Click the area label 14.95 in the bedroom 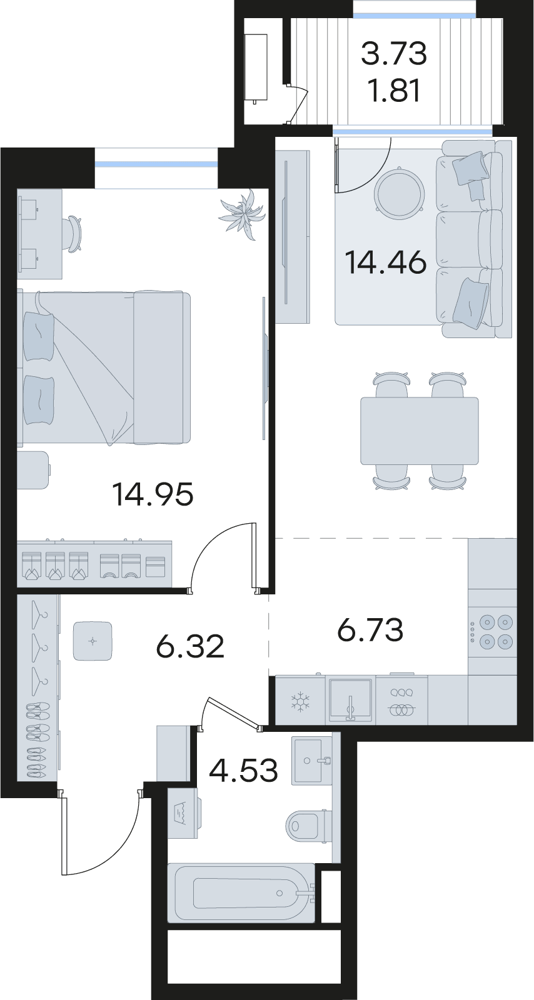(x=154, y=495)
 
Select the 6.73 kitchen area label (x=370, y=629)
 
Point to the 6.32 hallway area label (x=190, y=647)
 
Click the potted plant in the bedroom (x=243, y=214)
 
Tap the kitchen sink (x=351, y=699)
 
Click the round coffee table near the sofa (x=398, y=193)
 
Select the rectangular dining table (x=419, y=431)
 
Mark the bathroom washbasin (x=312, y=760)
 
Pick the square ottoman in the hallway (x=93, y=641)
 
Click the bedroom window (x=156, y=164)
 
